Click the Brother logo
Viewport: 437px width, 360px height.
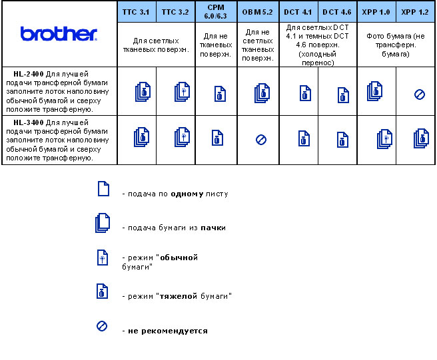[59, 34]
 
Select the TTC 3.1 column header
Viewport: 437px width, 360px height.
[137, 12]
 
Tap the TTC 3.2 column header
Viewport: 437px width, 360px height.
[175, 12]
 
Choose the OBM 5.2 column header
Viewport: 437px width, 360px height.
[258, 12]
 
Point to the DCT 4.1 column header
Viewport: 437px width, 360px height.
[298, 12]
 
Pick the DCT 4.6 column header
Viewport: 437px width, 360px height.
[337, 12]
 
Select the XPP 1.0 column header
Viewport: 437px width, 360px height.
[376, 12]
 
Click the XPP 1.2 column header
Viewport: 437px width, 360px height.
[416, 12]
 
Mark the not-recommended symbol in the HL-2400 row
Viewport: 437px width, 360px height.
[420, 94]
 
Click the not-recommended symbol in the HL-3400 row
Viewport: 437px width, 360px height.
[261, 140]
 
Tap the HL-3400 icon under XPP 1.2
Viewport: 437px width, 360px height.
[420, 138]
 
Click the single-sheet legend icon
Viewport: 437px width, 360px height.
[103, 189]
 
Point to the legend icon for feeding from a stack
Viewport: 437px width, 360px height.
[102, 224]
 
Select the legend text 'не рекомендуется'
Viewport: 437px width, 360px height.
[165, 331]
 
